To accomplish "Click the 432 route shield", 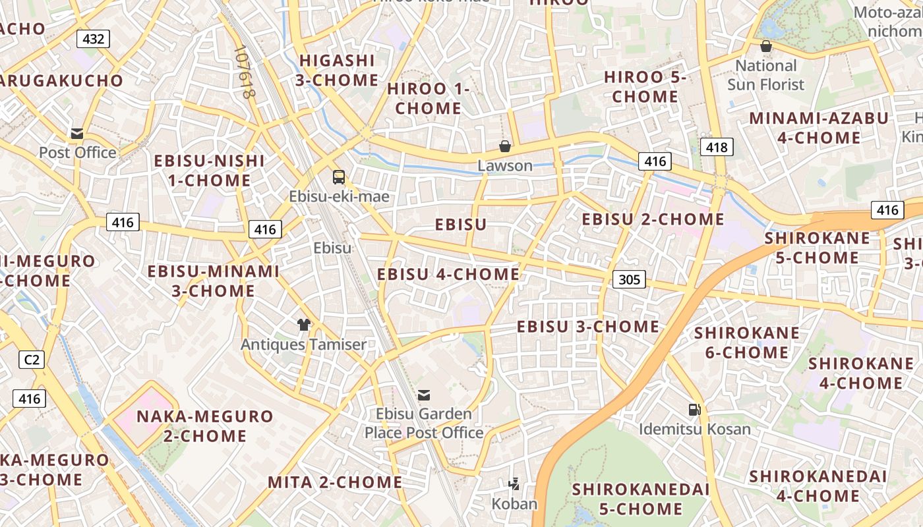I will point(93,39).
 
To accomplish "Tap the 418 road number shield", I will point(717,147).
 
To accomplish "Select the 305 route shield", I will point(630,279).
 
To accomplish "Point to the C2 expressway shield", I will point(31,360).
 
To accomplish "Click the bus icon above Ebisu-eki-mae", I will point(338,177).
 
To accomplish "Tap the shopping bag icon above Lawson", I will point(505,146).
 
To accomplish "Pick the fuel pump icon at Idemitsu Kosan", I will point(694,410).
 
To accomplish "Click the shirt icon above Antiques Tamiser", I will point(303,325).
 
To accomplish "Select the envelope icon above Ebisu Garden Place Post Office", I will point(424,395).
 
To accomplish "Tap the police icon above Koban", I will point(514,485).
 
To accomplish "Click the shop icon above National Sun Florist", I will point(766,47).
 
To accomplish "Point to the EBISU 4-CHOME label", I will point(448,274).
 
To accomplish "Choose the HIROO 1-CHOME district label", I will point(429,99).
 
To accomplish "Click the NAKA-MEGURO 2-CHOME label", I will point(204,426).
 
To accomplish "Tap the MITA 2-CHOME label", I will point(335,482).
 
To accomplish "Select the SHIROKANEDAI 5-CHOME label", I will point(641,499).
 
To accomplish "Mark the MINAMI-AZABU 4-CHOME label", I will point(818,128).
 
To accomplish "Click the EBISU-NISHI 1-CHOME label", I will point(209,171).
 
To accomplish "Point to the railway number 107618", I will point(244,72).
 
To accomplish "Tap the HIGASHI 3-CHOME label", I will point(337,70).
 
